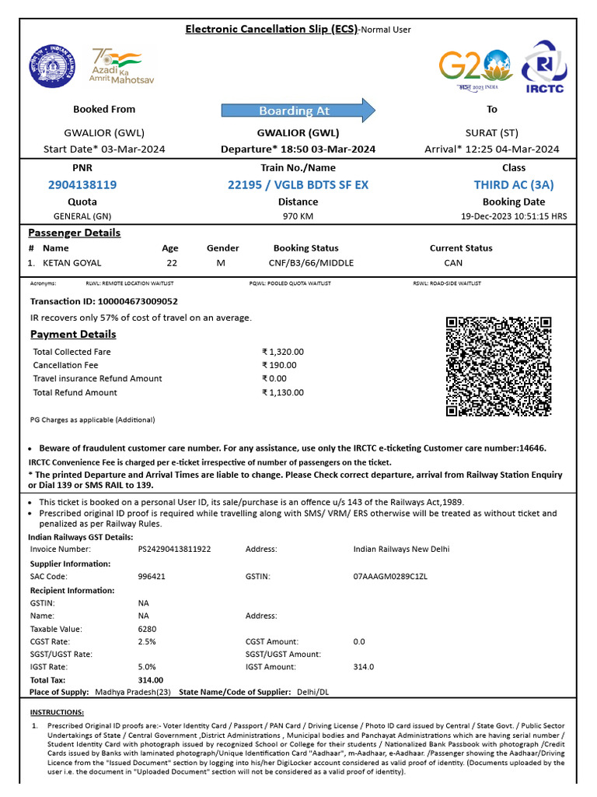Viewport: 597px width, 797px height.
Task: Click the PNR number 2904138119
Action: pos(82,184)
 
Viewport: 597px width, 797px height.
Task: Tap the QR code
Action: pos(498,366)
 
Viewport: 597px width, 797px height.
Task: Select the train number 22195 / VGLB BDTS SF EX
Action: pos(298,184)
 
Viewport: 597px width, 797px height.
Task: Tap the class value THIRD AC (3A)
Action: pos(514,184)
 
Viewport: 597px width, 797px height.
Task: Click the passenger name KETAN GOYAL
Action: pos(72,263)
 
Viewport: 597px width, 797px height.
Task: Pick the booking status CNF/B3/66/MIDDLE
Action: pos(311,263)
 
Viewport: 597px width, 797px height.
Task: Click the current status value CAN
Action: pos(453,263)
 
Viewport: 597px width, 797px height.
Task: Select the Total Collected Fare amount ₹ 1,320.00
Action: pos(283,352)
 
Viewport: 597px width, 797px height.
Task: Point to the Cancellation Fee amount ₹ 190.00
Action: pos(280,365)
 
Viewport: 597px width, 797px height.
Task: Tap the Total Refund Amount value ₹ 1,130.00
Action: pos(283,392)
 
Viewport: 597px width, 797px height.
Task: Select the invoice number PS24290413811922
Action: pos(174,549)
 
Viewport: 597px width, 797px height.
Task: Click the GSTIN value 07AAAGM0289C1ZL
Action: pos(390,577)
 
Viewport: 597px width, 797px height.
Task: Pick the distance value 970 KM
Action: pos(298,216)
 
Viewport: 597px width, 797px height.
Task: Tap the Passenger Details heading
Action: pos(75,233)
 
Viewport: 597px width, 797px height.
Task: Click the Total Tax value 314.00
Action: pos(151,679)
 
